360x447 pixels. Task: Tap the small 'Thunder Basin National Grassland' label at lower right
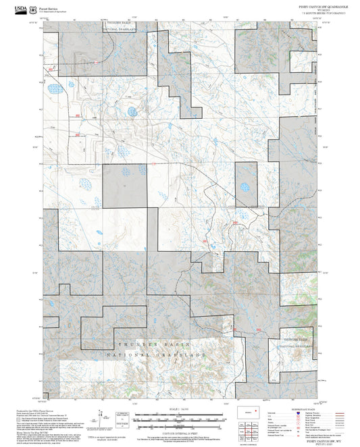[299, 342]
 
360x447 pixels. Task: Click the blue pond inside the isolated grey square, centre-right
[245, 187]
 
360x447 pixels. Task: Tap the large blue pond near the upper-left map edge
[55, 88]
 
